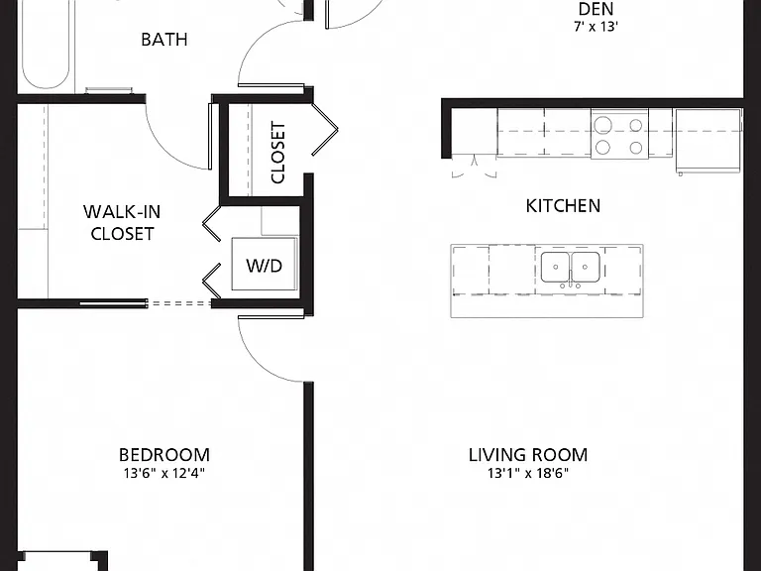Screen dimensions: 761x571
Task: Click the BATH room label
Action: (x=164, y=40)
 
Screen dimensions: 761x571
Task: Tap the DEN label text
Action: (x=596, y=9)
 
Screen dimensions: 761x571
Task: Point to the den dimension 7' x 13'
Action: (x=596, y=27)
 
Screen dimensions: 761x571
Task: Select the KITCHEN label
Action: (x=563, y=206)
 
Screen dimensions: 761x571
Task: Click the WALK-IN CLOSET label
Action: (x=122, y=223)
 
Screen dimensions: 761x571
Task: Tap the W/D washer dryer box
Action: (x=264, y=264)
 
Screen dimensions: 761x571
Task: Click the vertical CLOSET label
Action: (x=278, y=153)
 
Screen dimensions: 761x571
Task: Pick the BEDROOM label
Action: (x=164, y=455)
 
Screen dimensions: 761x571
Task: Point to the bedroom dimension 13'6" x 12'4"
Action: (x=164, y=473)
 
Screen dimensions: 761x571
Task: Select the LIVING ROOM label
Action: (x=528, y=455)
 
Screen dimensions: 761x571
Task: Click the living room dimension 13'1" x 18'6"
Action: (x=528, y=473)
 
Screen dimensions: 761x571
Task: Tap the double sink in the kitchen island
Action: (x=571, y=267)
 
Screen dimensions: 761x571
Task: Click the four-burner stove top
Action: (x=619, y=134)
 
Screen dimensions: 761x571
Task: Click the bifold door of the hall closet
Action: (x=324, y=129)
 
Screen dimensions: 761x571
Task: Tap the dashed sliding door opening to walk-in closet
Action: (x=178, y=303)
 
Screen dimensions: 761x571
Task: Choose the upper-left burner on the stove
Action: (x=602, y=125)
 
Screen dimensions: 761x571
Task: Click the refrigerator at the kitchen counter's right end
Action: (x=708, y=141)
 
